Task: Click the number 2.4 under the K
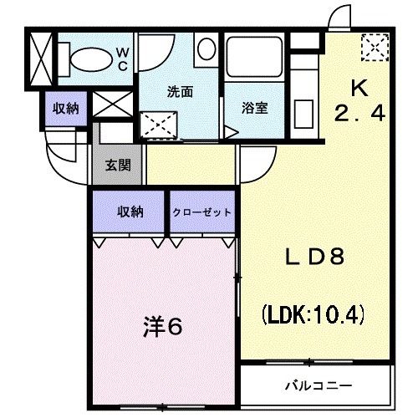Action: (x=359, y=115)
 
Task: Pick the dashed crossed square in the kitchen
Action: (x=371, y=47)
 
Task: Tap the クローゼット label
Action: (x=202, y=212)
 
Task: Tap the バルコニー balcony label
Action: (x=317, y=385)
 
